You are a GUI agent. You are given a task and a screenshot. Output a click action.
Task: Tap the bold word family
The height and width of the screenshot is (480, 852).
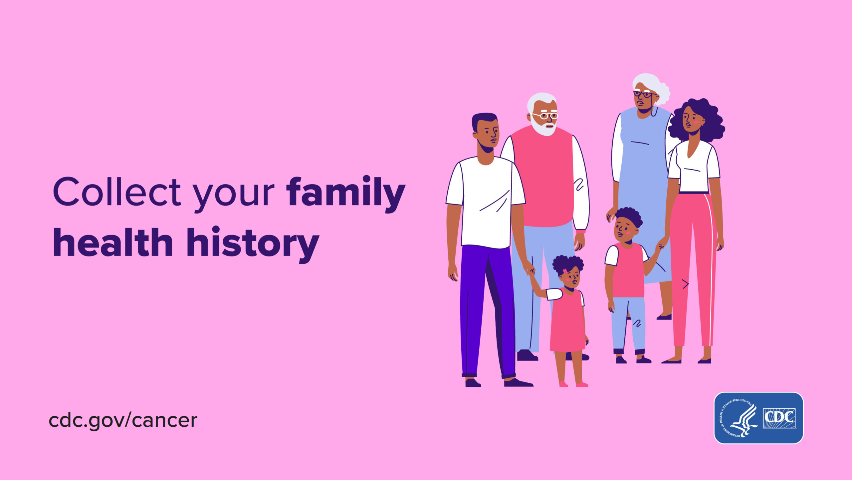[x=346, y=194]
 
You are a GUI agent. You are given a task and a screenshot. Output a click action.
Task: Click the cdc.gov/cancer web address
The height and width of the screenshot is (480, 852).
[x=123, y=420]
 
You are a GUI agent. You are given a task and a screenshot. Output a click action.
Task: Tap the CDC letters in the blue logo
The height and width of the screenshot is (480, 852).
[x=779, y=418]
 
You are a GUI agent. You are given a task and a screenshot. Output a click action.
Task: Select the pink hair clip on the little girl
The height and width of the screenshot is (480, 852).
[x=565, y=271]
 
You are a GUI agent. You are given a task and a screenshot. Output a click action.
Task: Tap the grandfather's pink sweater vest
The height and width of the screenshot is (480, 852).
[x=543, y=177]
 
